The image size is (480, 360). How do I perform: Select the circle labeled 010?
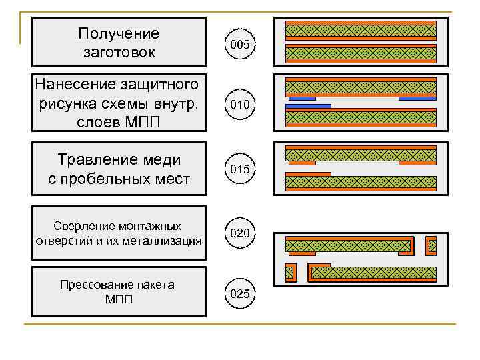click(x=239, y=105)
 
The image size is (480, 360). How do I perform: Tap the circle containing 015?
click(x=239, y=169)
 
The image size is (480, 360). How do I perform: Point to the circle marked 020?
click(x=239, y=233)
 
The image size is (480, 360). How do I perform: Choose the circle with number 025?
click(x=239, y=293)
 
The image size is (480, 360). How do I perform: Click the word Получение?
click(x=119, y=33)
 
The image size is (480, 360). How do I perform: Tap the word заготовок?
click(x=119, y=52)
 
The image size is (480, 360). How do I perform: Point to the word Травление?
click(x=94, y=160)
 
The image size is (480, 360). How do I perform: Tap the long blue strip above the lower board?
click(x=308, y=105)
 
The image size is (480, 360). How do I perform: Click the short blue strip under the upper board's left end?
click(x=301, y=99)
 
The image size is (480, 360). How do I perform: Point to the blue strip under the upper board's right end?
click(x=417, y=99)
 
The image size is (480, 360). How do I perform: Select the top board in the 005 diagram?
click(x=361, y=30)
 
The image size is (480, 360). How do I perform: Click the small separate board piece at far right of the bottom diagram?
click(x=431, y=246)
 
